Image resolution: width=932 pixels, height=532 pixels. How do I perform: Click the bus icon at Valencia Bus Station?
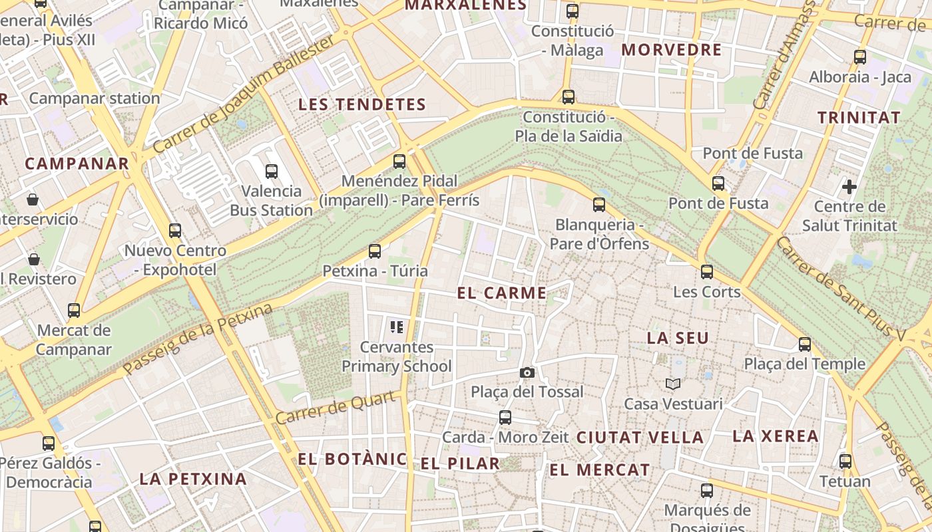pyautogui.click(x=272, y=172)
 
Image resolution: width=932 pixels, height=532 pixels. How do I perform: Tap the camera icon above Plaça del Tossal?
pyautogui.click(x=527, y=372)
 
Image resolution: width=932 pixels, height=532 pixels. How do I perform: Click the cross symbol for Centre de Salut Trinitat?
pyautogui.click(x=849, y=187)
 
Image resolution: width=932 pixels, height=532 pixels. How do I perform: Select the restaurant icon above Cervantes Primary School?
pyautogui.click(x=397, y=327)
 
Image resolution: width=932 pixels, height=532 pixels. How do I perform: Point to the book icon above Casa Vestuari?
pyautogui.click(x=673, y=384)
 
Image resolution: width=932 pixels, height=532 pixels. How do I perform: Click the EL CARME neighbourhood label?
pyautogui.click(x=502, y=293)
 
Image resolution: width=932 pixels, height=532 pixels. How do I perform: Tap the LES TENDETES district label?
pyautogui.click(x=361, y=104)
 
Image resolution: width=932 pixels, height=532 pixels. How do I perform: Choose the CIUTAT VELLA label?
pyautogui.click(x=640, y=438)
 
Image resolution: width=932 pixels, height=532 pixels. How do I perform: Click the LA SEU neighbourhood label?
pyautogui.click(x=678, y=338)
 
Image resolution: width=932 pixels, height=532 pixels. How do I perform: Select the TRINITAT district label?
pyautogui.click(x=859, y=118)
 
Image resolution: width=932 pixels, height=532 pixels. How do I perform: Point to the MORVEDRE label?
pyautogui.click(x=671, y=50)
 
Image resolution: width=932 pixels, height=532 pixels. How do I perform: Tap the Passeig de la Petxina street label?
pyautogui.click(x=198, y=338)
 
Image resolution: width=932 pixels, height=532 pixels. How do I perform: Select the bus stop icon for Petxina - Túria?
pyautogui.click(x=375, y=251)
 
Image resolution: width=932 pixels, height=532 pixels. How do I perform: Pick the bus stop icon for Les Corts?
pyautogui.click(x=707, y=272)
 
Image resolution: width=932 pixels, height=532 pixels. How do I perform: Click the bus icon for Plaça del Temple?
pyautogui.click(x=805, y=344)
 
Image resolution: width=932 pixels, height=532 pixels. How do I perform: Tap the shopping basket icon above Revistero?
pyautogui.click(x=33, y=259)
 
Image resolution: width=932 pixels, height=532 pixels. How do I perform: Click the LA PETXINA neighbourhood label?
pyautogui.click(x=193, y=479)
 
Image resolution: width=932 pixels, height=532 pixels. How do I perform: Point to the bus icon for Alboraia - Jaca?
pyautogui.click(x=860, y=57)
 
